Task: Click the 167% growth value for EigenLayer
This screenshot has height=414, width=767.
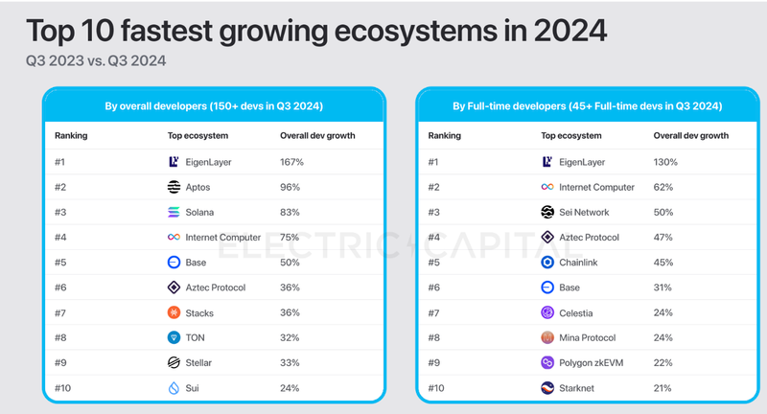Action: coord(291,162)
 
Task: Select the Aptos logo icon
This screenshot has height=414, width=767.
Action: coord(174,187)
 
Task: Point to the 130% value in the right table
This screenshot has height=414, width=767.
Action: coord(665,162)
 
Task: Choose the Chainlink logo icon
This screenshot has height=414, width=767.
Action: coord(548,262)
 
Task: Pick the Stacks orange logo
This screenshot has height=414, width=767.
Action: coord(174,312)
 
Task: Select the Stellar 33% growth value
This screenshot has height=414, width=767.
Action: coord(290,362)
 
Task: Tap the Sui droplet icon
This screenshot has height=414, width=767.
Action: coord(174,388)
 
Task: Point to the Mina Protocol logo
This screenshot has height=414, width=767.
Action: coord(548,337)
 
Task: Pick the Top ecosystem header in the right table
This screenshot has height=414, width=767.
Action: coord(574,136)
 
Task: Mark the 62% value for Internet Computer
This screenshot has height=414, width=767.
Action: coord(663,187)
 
